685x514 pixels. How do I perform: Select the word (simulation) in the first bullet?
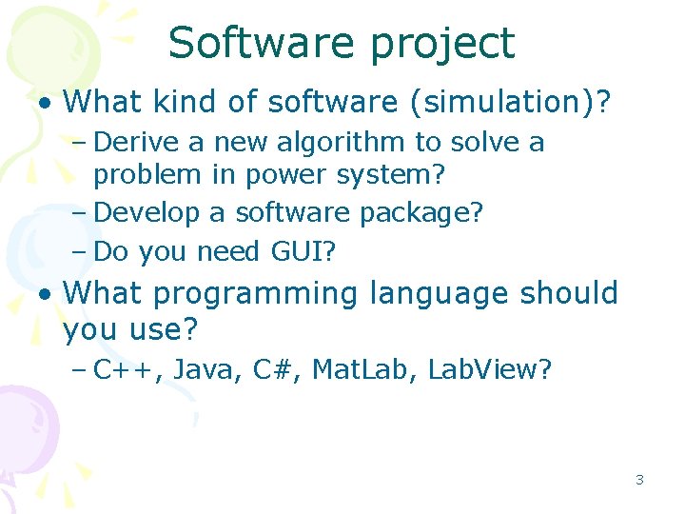[x=509, y=100]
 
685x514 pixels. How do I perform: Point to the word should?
[x=570, y=292]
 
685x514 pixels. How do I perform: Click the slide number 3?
[x=639, y=480]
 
